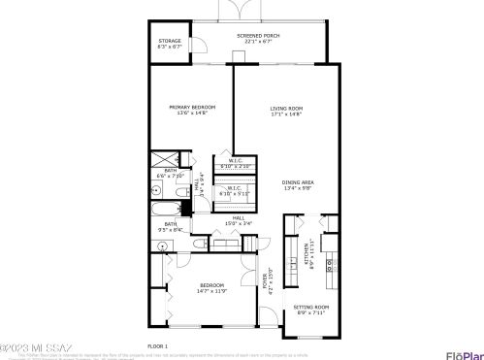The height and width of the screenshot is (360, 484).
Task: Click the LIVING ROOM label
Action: (287, 108)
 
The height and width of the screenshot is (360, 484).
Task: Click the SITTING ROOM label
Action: (312, 307)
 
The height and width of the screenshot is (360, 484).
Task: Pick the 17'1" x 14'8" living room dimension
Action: (287, 114)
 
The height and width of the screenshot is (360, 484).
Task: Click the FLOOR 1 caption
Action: (158, 345)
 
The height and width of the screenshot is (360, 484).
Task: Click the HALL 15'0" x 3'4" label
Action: (239, 220)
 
